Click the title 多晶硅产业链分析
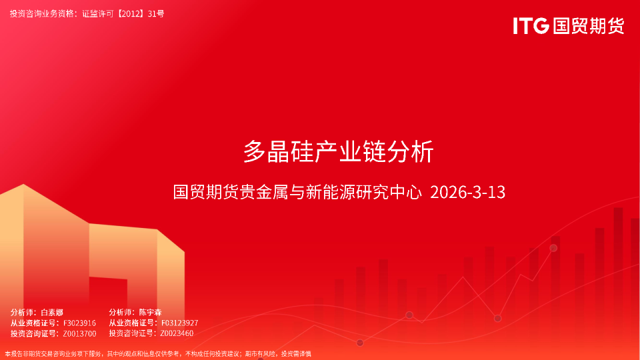(338, 152)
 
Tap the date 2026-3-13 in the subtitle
(468, 193)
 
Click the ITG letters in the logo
(531, 26)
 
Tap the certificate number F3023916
(79, 323)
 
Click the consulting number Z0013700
(79, 333)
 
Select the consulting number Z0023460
(177, 333)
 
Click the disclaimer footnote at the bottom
(158, 354)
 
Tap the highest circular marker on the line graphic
(553, 248)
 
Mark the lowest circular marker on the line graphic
(360, 343)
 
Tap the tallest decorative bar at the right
(618, 267)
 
